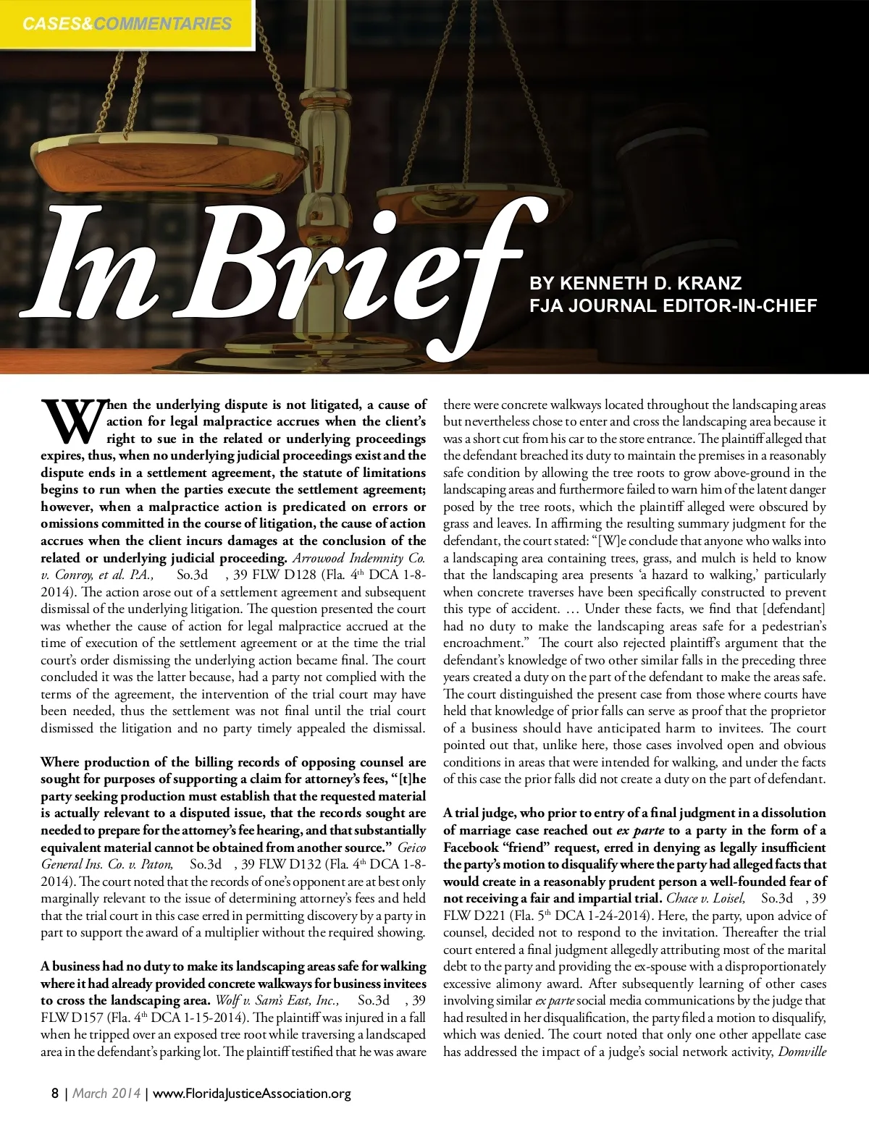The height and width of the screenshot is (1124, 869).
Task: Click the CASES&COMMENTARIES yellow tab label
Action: [127, 24]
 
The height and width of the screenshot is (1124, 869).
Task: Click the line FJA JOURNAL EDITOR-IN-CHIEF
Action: [673, 305]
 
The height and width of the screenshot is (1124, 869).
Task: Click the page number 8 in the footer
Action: [55, 1094]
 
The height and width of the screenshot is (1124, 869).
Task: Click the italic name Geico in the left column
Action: [415, 847]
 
